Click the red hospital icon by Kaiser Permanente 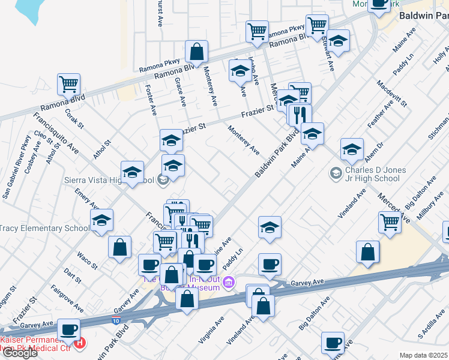[80, 344]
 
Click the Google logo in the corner [19, 353]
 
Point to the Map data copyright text [423, 355]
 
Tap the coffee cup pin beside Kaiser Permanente [69, 329]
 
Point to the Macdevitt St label [393, 94]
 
